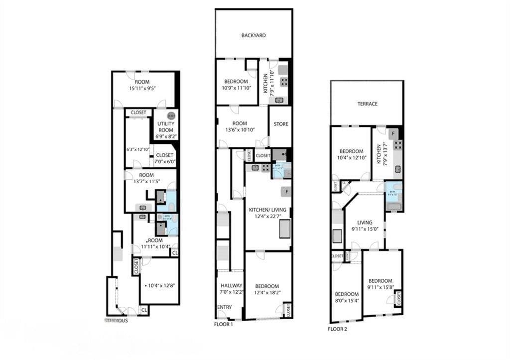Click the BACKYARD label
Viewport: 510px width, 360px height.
[254, 36]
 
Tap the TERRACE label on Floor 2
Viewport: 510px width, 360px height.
[367, 104]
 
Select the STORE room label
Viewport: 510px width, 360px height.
[281, 124]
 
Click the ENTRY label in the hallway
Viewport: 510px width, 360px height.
[224, 307]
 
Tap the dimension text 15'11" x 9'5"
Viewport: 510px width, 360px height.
[142, 89]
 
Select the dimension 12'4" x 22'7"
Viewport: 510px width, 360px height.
[267, 217]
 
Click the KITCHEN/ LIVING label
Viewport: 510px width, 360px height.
[267, 210]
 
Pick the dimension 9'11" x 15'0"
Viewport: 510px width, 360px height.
[369, 230]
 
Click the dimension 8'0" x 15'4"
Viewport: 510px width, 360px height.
[347, 301]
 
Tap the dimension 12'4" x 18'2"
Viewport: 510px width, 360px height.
[267, 293]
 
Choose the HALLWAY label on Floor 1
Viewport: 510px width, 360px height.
[231, 286]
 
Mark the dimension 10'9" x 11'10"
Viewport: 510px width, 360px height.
[236, 88]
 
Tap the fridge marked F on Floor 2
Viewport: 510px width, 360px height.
[393, 133]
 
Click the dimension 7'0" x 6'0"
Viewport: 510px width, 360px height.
[163, 162]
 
